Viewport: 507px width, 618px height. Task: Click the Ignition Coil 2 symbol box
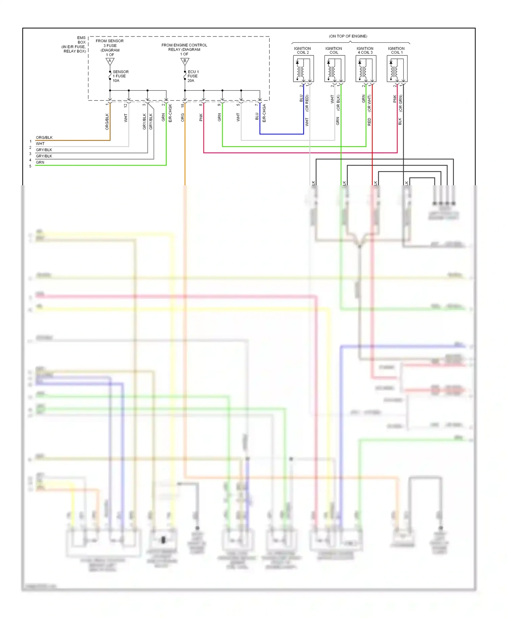pyautogui.click(x=303, y=69)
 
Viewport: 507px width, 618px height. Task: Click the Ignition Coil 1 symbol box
pyautogui.click(x=397, y=69)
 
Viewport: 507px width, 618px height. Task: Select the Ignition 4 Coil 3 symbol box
pyautogui.click(x=366, y=69)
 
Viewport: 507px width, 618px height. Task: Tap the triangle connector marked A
pyautogui.click(x=110, y=61)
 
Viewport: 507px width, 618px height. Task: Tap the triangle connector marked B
pyautogui.click(x=185, y=61)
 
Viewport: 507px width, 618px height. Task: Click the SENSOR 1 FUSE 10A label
pyautogui.click(x=120, y=76)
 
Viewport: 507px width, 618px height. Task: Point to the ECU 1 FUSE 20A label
pyautogui.click(x=193, y=76)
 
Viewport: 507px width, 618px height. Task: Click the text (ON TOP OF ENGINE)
pyautogui.click(x=348, y=36)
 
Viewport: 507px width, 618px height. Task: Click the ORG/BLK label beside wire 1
pyautogui.click(x=44, y=138)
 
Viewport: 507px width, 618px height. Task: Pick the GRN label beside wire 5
pyautogui.click(x=40, y=162)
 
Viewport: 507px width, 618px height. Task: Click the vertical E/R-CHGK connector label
pyautogui.click(x=170, y=113)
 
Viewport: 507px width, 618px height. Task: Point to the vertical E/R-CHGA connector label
pyautogui.click(x=264, y=113)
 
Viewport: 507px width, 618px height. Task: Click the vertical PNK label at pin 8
pyautogui.click(x=201, y=117)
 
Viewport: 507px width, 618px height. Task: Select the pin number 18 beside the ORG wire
pyautogui.click(x=183, y=105)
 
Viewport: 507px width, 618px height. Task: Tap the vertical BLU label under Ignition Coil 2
pyautogui.click(x=301, y=98)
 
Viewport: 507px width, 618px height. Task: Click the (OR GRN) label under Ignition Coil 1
pyautogui.click(x=401, y=103)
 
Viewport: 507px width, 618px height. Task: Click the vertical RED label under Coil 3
pyautogui.click(x=369, y=122)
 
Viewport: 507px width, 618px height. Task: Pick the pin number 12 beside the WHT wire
pyautogui.click(x=125, y=105)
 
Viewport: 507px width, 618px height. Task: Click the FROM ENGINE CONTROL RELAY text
pyautogui.click(x=184, y=47)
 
